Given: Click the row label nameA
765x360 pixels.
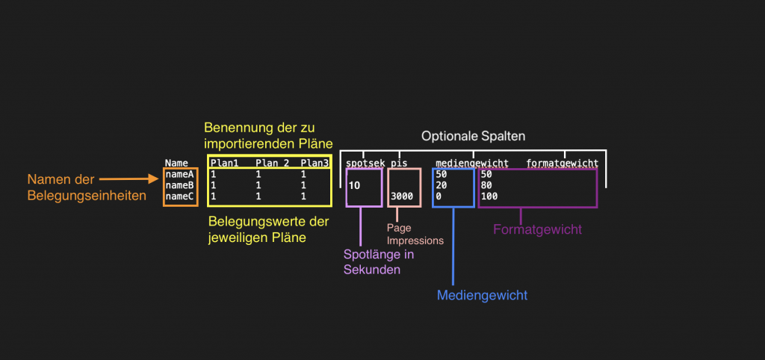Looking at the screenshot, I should [x=180, y=174].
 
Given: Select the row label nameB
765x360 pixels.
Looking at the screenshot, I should [x=180, y=184].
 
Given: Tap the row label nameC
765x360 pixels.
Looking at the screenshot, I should [x=180, y=196].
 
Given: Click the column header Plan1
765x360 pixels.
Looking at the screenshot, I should [x=224, y=163].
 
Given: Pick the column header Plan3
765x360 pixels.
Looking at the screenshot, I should [x=315, y=163].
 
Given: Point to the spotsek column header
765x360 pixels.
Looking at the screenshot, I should [x=364, y=163].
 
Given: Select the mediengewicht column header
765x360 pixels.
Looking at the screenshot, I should [x=472, y=163].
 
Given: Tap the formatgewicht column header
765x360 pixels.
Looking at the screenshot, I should [x=562, y=163].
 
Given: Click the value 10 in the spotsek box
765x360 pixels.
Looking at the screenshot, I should [x=354, y=185].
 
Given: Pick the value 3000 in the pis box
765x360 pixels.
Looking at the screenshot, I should [x=402, y=196].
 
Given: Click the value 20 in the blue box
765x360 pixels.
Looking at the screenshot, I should [x=442, y=185].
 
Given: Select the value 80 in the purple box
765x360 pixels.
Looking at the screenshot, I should [x=486, y=185].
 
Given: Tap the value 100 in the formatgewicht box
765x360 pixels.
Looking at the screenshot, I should [x=489, y=196].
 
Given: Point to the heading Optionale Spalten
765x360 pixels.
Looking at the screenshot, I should [x=473, y=137].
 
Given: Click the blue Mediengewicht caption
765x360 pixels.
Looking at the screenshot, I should [x=482, y=295].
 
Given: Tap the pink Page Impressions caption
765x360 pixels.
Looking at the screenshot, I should [x=415, y=235].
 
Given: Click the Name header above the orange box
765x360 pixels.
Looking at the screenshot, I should [x=176, y=163].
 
